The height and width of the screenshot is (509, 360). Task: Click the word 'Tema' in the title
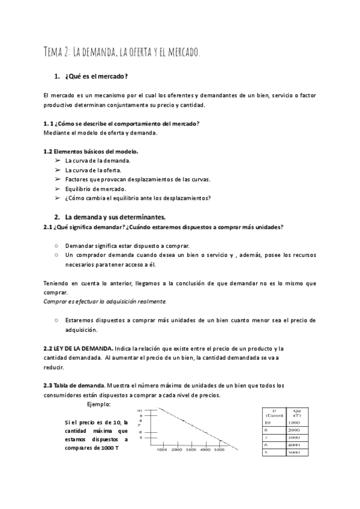click(x=55, y=52)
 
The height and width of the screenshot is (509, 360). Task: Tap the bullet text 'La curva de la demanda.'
click(x=97, y=161)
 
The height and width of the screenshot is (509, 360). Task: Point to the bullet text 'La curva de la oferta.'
click(x=93, y=170)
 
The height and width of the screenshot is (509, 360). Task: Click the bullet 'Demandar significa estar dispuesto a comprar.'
click(x=127, y=245)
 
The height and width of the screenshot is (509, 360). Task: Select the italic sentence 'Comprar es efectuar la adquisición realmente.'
click(x=105, y=301)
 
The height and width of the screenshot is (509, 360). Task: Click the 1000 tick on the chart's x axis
click(x=162, y=449)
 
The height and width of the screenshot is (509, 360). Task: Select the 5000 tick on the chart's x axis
click(x=219, y=449)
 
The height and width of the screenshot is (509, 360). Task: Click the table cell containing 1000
click(x=294, y=423)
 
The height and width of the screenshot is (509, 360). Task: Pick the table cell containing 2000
click(x=294, y=430)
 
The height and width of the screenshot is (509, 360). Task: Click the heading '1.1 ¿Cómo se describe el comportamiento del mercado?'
click(x=122, y=124)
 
